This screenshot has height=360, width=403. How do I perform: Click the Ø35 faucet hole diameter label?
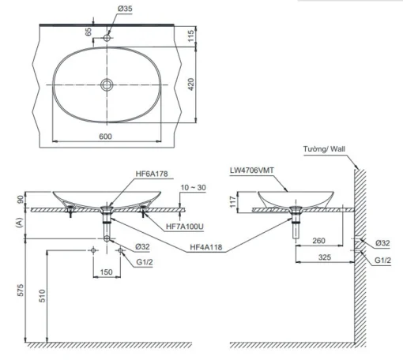pos(125,9)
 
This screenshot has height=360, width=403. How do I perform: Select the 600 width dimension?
pos(105,137)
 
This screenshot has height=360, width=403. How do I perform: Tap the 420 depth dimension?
pos(191,84)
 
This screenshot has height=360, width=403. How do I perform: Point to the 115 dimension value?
pos(191,36)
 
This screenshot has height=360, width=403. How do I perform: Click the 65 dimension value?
pos(89,32)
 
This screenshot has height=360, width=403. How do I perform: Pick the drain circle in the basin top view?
pos(107,84)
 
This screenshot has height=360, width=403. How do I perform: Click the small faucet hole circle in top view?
pos(107,38)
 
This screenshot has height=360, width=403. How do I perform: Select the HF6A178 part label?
pos(152,174)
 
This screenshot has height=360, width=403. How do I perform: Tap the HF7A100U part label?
pos(185,227)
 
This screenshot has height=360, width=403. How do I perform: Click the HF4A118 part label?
pos(206,247)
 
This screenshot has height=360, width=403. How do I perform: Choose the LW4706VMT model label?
pos(252,171)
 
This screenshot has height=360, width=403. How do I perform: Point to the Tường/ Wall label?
pos(324,149)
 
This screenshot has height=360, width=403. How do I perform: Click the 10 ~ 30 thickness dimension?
pos(194,187)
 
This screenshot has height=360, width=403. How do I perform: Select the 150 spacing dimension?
pos(107,272)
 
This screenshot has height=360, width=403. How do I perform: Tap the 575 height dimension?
pos(21,290)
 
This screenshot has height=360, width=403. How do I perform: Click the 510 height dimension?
pos(42,296)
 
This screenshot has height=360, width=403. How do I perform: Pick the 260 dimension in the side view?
pos(318,241)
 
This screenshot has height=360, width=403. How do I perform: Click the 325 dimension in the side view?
pos(325,257)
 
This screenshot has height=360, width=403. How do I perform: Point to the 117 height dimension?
pos(232,201)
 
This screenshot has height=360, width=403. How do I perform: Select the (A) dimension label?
pos(19,223)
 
